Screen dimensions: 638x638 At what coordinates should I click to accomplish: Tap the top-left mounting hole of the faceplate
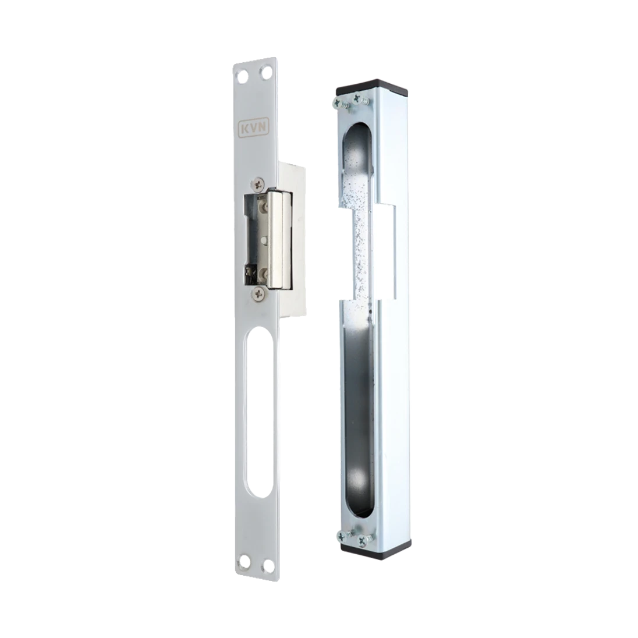point(243,75)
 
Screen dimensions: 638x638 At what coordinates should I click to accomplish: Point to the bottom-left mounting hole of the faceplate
point(244,562)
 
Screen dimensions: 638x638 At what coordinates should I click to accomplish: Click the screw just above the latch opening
point(258,185)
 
